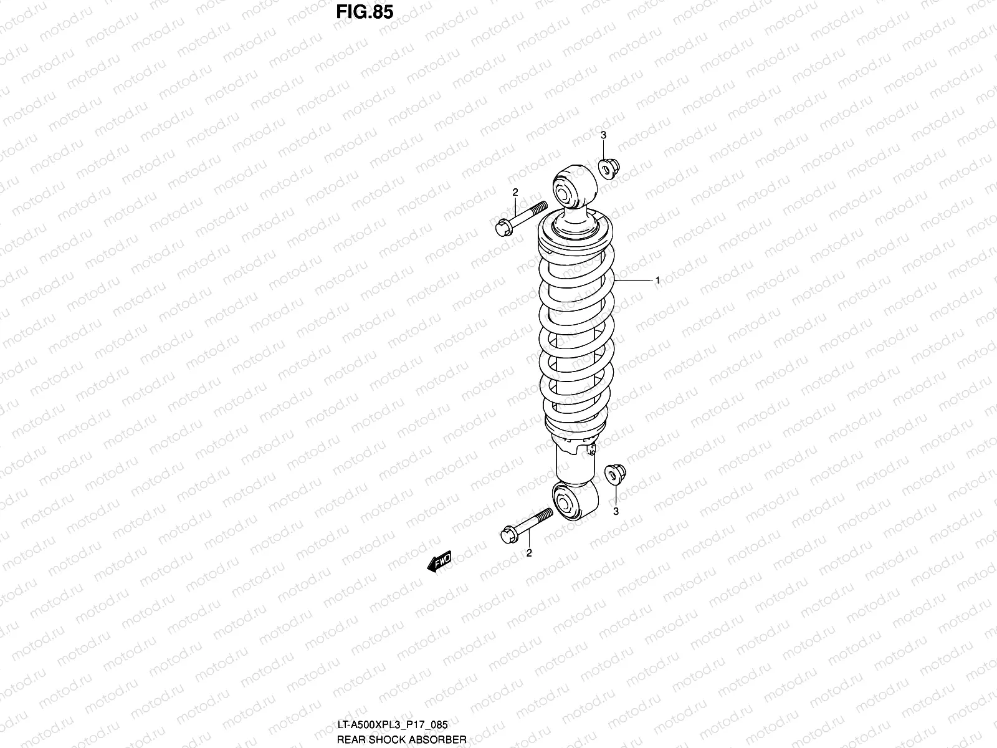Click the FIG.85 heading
(x=365, y=12)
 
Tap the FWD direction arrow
(x=440, y=562)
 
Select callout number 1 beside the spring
(x=657, y=280)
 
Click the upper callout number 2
(x=515, y=192)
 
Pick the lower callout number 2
(x=529, y=553)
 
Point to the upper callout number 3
(x=603, y=135)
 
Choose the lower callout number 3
(x=616, y=511)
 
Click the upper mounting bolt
(x=521, y=219)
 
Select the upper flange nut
(x=609, y=168)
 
